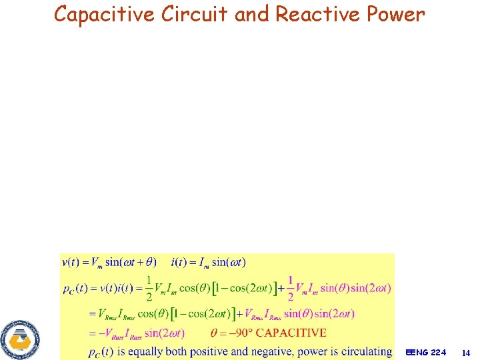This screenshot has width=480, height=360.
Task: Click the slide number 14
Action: tap(465, 351)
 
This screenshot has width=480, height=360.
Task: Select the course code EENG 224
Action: tap(426, 351)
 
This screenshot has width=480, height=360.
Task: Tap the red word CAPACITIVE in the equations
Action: tap(291, 332)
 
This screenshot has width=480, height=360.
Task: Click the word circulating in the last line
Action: tap(363, 351)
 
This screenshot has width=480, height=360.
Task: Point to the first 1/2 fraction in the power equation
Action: tap(149, 287)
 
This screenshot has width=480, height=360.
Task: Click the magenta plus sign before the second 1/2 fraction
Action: tap(282, 288)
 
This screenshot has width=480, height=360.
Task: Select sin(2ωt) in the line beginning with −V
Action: tap(164, 333)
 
